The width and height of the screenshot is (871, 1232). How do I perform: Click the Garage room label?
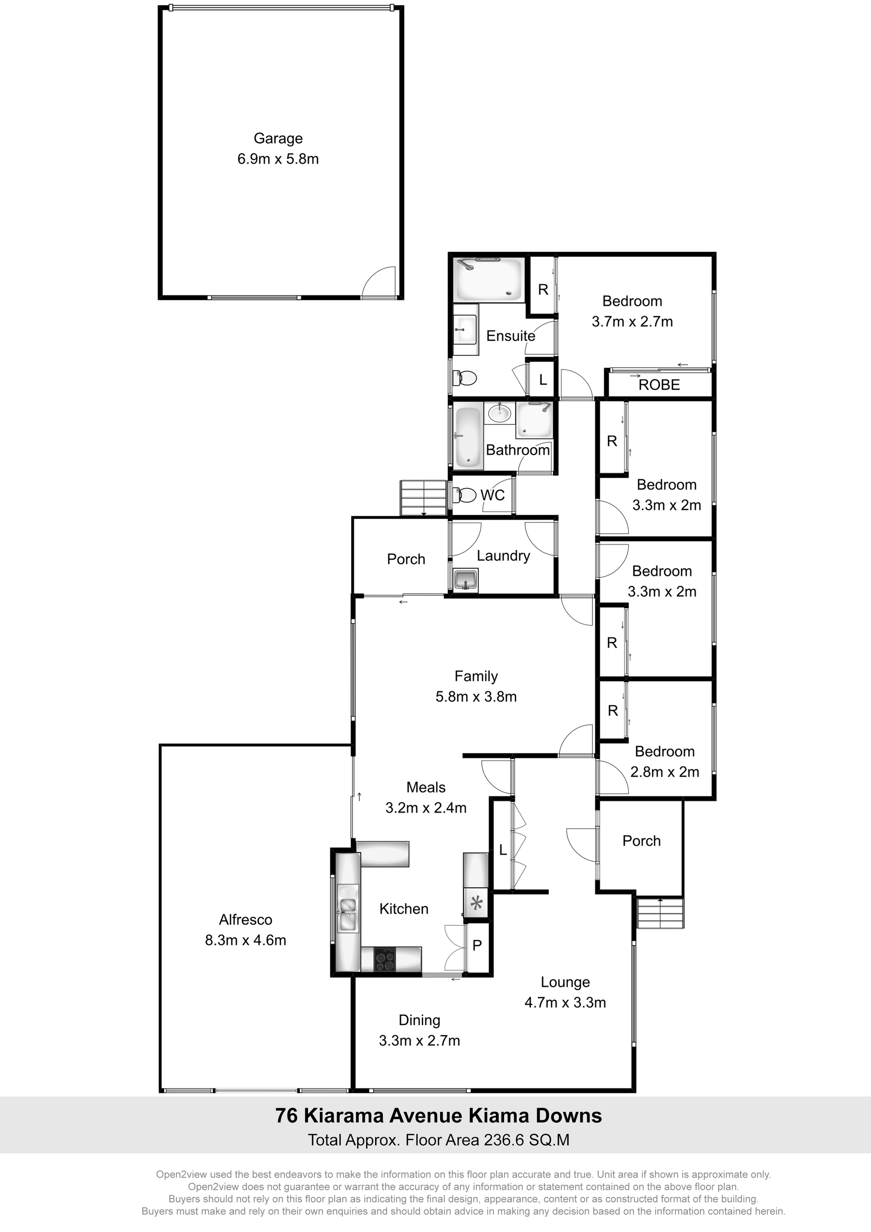tap(278, 138)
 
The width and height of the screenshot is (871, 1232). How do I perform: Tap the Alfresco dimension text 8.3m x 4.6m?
tap(245, 940)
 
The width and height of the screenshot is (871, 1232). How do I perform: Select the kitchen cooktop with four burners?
tap(383, 959)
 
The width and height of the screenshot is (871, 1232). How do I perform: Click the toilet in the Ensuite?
tap(465, 378)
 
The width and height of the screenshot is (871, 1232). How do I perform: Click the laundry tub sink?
tap(465, 580)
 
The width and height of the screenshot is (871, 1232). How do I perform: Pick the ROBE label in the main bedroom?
tap(659, 385)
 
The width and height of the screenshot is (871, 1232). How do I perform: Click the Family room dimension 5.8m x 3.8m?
tap(476, 696)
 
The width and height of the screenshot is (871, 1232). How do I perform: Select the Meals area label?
tap(426, 787)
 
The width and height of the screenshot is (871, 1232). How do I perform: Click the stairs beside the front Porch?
tap(660, 913)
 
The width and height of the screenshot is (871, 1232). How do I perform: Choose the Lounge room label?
tap(565, 982)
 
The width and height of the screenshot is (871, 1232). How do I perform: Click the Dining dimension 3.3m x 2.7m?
tap(419, 1041)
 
